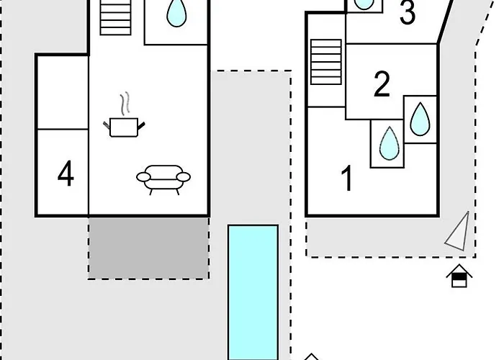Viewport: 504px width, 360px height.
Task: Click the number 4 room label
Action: point(66,174)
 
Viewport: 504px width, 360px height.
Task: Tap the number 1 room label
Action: point(348,179)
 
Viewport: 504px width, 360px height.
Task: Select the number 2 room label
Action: point(382,84)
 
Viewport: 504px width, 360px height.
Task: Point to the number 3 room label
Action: point(408,12)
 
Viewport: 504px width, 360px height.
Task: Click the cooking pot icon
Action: point(124,127)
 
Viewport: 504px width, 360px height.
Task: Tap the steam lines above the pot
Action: point(125,104)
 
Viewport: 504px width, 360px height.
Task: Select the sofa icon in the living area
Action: point(163,179)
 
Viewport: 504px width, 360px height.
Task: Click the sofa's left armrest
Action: point(143,177)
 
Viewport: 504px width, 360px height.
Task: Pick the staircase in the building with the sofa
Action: point(116,17)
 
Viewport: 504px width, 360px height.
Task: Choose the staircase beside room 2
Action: point(326,62)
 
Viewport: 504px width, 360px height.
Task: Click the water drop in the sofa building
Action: point(176,14)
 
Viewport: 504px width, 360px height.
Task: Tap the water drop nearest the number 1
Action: point(390,143)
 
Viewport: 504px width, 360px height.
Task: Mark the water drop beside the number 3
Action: point(364,4)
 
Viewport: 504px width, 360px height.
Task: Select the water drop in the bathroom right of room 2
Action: point(420,119)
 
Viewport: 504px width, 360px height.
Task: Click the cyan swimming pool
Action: point(253,292)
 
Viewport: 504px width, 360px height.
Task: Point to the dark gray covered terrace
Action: point(149,248)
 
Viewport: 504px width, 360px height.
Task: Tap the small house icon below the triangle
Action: point(459,276)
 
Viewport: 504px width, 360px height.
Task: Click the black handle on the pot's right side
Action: point(141,125)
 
